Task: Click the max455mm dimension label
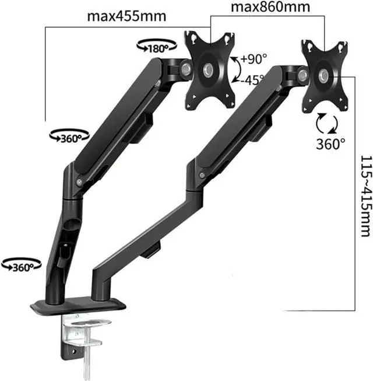point(126,16)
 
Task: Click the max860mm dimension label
point(270,7)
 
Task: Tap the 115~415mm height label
point(366,196)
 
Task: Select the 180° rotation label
point(158,49)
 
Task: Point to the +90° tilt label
point(254,59)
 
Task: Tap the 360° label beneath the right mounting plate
point(330,144)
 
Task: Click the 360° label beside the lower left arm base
point(23,268)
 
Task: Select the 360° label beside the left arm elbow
point(71,139)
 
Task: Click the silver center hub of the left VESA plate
point(208,70)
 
